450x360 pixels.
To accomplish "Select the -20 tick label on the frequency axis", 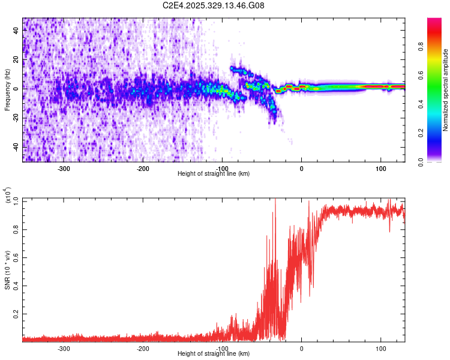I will (17, 118).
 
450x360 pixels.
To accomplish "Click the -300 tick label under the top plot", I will (64, 168).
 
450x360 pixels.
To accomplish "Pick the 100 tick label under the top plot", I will (380, 168).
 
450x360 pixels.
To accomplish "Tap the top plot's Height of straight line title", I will (214, 174).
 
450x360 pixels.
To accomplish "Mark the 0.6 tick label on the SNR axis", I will (16, 256).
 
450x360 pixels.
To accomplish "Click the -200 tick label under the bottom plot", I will (143, 348).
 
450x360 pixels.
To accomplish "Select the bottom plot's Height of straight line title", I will (214, 354).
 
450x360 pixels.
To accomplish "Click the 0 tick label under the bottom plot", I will (301, 348).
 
